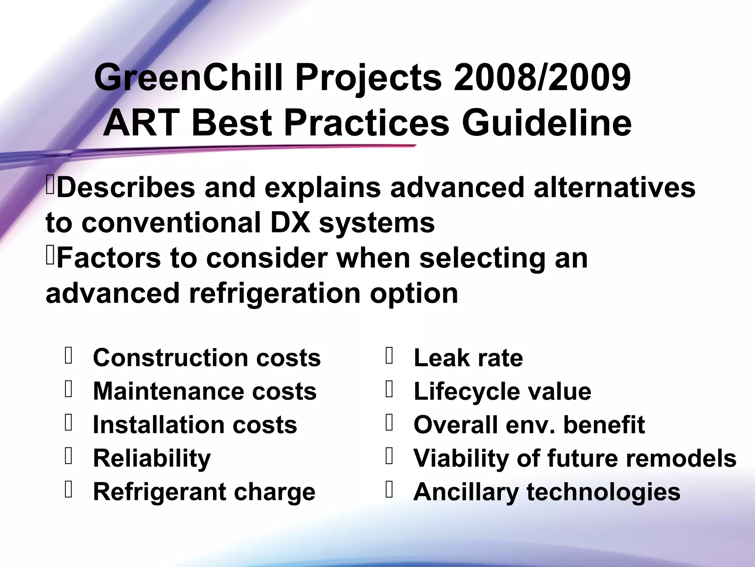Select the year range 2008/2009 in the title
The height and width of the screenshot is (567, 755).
coord(542,78)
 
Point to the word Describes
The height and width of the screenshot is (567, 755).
coord(126,188)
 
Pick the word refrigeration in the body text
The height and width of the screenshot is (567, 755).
coord(275,293)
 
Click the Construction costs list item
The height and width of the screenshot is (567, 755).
coord(207,358)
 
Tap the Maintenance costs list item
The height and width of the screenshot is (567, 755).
coord(205,391)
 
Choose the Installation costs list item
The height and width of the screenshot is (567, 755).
coord(195,425)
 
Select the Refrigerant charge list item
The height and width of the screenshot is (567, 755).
coord(204,492)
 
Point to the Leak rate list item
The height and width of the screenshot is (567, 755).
coord(468,358)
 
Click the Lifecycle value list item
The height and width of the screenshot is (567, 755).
coord(502,391)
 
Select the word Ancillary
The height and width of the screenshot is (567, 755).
coord(466,492)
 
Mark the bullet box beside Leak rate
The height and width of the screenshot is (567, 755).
coord(389,356)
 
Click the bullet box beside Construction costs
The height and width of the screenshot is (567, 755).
coord(68,356)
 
